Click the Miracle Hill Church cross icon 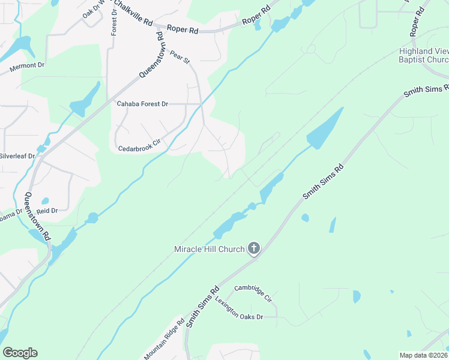[x=254, y=248]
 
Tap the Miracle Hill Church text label [x=209, y=249]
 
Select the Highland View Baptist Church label [x=424, y=55]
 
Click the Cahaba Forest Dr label [x=142, y=104]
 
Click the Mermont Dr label [x=28, y=67]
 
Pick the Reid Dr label [x=47, y=211]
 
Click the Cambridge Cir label [x=253, y=293]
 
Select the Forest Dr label [x=114, y=22]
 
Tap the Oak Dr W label [x=94, y=10]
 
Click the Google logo [x=20, y=353]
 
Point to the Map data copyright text [x=423, y=355]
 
